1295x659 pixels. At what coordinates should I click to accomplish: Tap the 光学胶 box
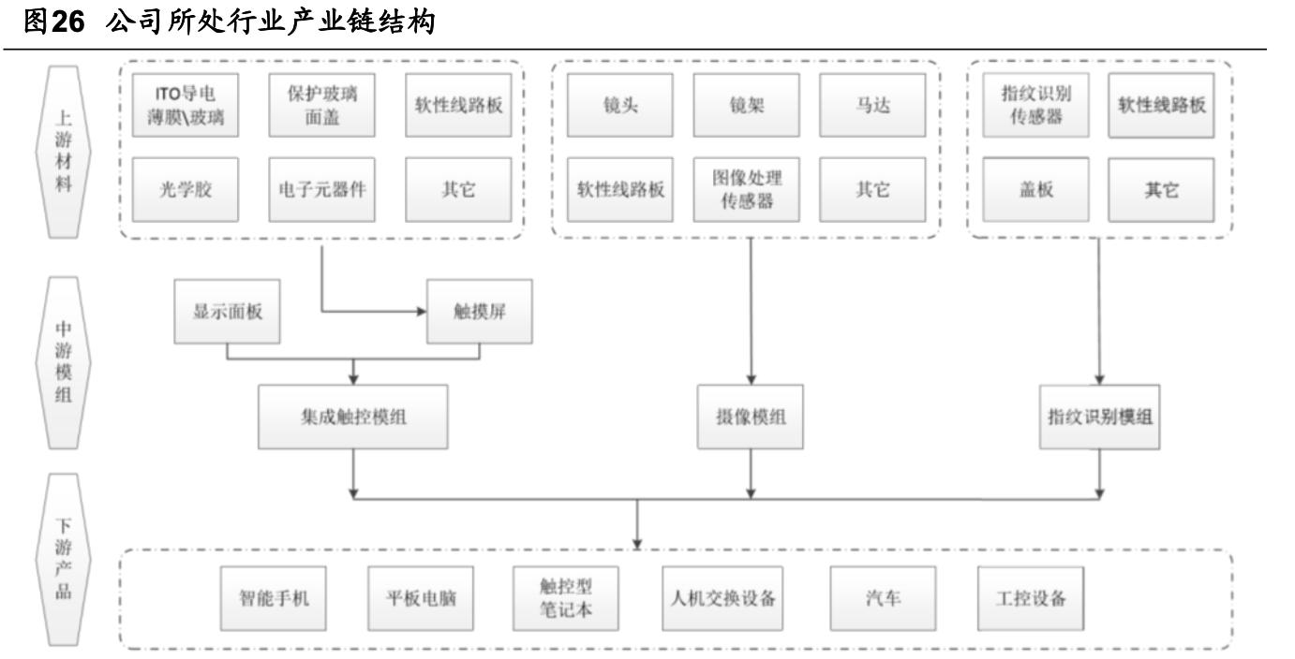click(x=185, y=188)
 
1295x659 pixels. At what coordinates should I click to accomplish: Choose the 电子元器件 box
click(x=321, y=188)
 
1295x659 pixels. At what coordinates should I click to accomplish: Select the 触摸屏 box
click(x=480, y=311)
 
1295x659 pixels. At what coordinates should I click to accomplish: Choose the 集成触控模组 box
click(x=354, y=418)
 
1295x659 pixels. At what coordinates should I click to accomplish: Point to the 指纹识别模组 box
click(x=1099, y=418)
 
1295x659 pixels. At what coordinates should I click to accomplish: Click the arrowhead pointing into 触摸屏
click(x=421, y=311)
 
